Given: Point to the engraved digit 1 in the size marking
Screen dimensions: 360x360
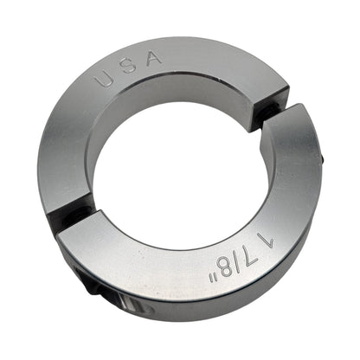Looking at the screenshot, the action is click(267, 241).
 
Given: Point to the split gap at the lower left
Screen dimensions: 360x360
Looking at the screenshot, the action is click(71, 209).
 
